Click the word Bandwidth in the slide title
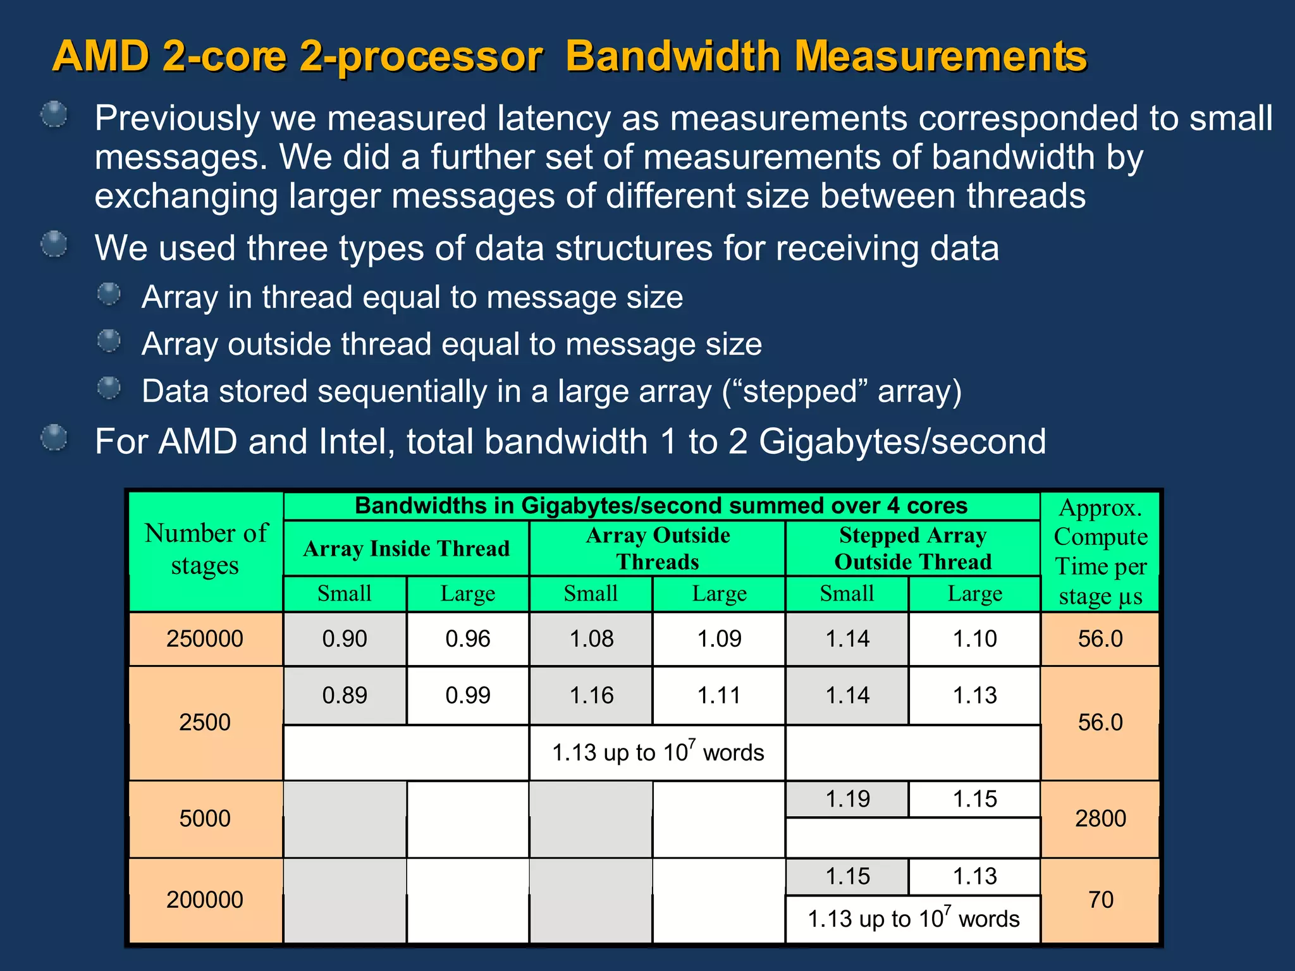point(673,56)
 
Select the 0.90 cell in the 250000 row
point(345,638)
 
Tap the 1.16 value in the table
point(591,695)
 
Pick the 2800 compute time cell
point(1100,819)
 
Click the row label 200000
point(205,900)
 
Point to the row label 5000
point(205,819)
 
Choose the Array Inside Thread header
point(406,548)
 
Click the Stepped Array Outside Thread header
point(912,548)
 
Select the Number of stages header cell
point(206,549)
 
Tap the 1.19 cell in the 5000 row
point(847,799)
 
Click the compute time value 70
point(1100,900)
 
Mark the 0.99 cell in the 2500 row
point(468,695)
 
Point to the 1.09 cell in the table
point(719,638)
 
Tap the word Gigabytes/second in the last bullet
point(902,441)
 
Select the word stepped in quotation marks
point(800,391)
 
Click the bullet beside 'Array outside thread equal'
point(109,341)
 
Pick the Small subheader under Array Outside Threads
point(591,594)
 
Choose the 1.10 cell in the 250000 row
point(974,638)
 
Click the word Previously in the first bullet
point(177,118)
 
